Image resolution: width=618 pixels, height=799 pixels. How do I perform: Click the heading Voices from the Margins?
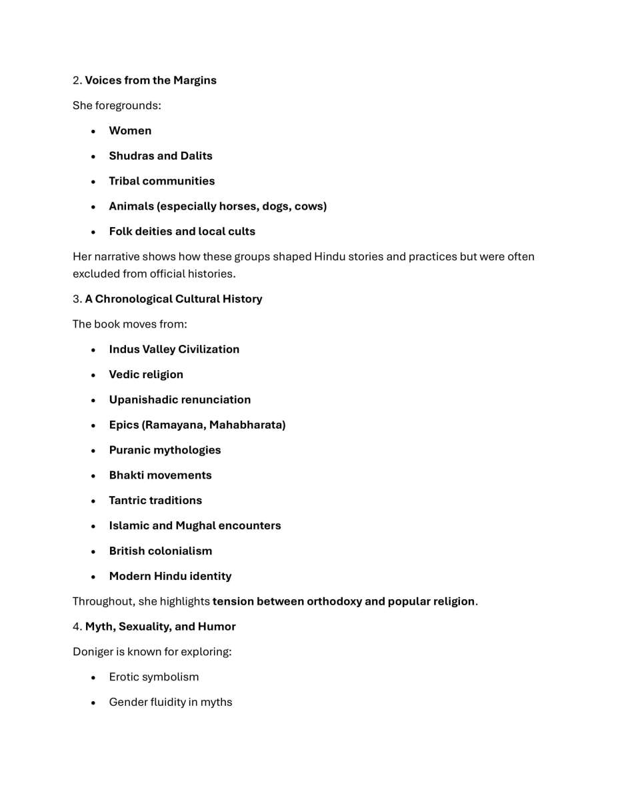coord(150,81)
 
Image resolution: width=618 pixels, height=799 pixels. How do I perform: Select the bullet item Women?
coord(130,131)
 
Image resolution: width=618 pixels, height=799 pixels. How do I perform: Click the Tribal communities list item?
coord(161,181)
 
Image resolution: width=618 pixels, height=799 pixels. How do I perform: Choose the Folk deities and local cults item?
coord(182,232)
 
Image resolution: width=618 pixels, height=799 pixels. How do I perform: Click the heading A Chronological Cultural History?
coord(173,299)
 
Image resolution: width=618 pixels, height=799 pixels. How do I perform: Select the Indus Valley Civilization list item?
coord(174,350)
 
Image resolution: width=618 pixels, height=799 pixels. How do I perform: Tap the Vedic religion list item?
coord(146,375)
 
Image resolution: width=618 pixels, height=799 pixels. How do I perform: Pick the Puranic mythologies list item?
coord(165,450)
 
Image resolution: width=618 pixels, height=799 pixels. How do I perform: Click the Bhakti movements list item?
coord(160,475)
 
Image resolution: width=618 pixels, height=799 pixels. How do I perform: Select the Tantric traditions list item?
coord(155,501)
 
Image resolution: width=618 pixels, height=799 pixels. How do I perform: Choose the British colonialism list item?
coord(160,551)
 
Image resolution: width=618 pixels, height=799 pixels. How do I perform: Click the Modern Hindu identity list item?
coord(170,577)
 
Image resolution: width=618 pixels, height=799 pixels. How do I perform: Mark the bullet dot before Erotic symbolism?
coord(94,677)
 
